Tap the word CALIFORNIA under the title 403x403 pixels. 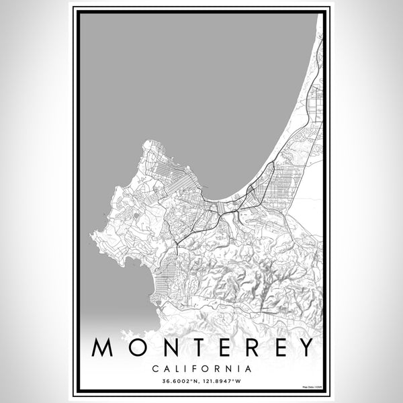(x=201, y=369)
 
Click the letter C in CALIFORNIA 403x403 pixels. (x=156, y=369)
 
